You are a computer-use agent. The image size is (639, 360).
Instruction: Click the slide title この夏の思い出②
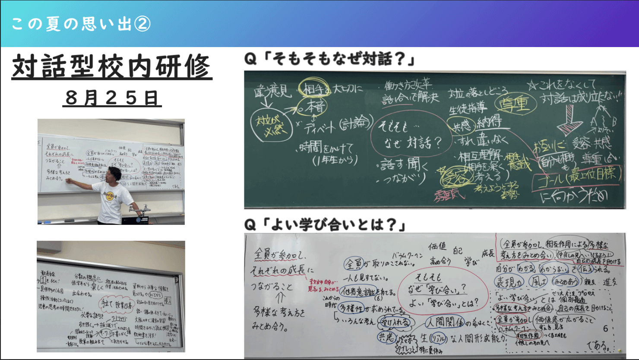(x=81, y=24)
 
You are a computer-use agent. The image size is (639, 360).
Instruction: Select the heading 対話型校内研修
(x=111, y=67)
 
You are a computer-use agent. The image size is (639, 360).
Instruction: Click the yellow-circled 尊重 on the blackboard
(x=513, y=104)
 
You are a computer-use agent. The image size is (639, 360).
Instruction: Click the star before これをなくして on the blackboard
(x=533, y=85)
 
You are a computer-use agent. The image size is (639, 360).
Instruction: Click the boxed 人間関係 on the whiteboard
(x=444, y=322)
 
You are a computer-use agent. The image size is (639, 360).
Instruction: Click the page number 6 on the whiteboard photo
(x=605, y=328)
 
